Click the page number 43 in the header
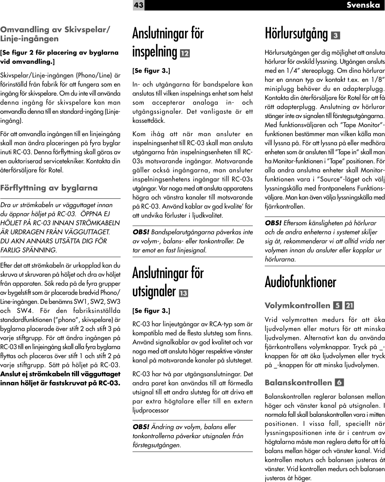138,5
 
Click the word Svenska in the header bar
363,5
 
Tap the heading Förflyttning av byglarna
49,188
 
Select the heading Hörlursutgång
296,34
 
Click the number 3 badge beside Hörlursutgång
335,35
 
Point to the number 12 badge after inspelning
185,53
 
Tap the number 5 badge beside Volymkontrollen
338,306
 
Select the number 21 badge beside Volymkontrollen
350,306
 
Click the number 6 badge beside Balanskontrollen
339,383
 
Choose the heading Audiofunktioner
300,282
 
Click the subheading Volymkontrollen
297,306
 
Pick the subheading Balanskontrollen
298,383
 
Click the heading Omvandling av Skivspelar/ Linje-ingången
55,34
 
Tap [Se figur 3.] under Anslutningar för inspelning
151,70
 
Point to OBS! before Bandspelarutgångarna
141,232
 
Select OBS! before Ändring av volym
141,427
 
